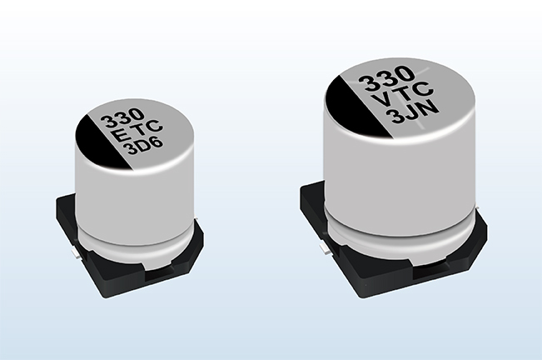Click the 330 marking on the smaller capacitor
[x=122, y=119]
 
